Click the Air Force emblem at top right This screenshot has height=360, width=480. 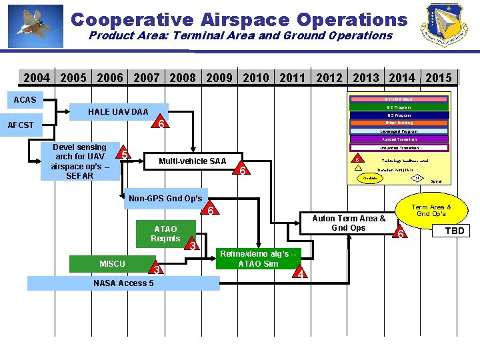(443, 25)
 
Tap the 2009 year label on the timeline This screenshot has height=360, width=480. (219, 78)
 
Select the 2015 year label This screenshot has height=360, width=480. (438, 78)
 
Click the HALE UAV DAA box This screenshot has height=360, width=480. (119, 111)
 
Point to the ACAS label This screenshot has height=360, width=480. (25, 100)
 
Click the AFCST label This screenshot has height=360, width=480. (21, 125)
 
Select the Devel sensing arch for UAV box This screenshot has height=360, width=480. (80, 161)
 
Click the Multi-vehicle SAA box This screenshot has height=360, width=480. (192, 161)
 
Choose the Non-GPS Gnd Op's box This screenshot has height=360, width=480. (165, 198)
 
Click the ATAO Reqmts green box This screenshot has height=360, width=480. (165, 233)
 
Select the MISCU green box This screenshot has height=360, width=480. (112, 263)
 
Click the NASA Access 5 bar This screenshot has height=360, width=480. (123, 283)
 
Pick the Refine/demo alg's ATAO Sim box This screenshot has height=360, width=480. (258, 258)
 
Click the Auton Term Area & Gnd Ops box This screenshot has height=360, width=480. (349, 223)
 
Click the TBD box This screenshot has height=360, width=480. (454, 231)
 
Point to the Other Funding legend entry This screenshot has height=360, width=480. (399, 123)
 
